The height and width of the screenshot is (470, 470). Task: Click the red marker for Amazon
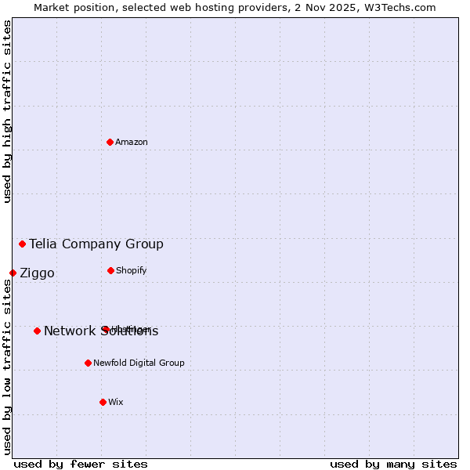(x=110, y=142)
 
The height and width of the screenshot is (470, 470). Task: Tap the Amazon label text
(x=132, y=143)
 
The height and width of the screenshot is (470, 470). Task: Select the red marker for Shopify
(x=110, y=270)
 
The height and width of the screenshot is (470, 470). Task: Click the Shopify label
(x=131, y=271)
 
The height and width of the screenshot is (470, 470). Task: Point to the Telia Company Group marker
(x=22, y=244)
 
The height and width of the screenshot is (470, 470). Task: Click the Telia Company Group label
(x=96, y=244)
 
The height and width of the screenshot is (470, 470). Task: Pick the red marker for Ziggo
(x=13, y=273)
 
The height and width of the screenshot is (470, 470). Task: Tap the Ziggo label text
(x=37, y=273)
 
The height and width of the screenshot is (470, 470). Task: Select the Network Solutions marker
(x=37, y=331)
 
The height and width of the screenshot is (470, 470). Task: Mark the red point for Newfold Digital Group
(x=88, y=363)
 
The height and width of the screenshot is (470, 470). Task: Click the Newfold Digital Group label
(x=139, y=363)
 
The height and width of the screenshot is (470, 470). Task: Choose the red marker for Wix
(x=103, y=402)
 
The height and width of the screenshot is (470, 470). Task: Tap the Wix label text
(x=116, y=403)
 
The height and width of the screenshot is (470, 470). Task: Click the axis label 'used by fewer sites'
(x=81, y=464)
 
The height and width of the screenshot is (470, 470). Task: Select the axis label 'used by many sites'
(x=393, y=464)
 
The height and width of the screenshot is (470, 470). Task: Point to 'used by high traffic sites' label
(x=7, y=111)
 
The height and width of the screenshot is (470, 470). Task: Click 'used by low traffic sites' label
(x=7, y=367)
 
